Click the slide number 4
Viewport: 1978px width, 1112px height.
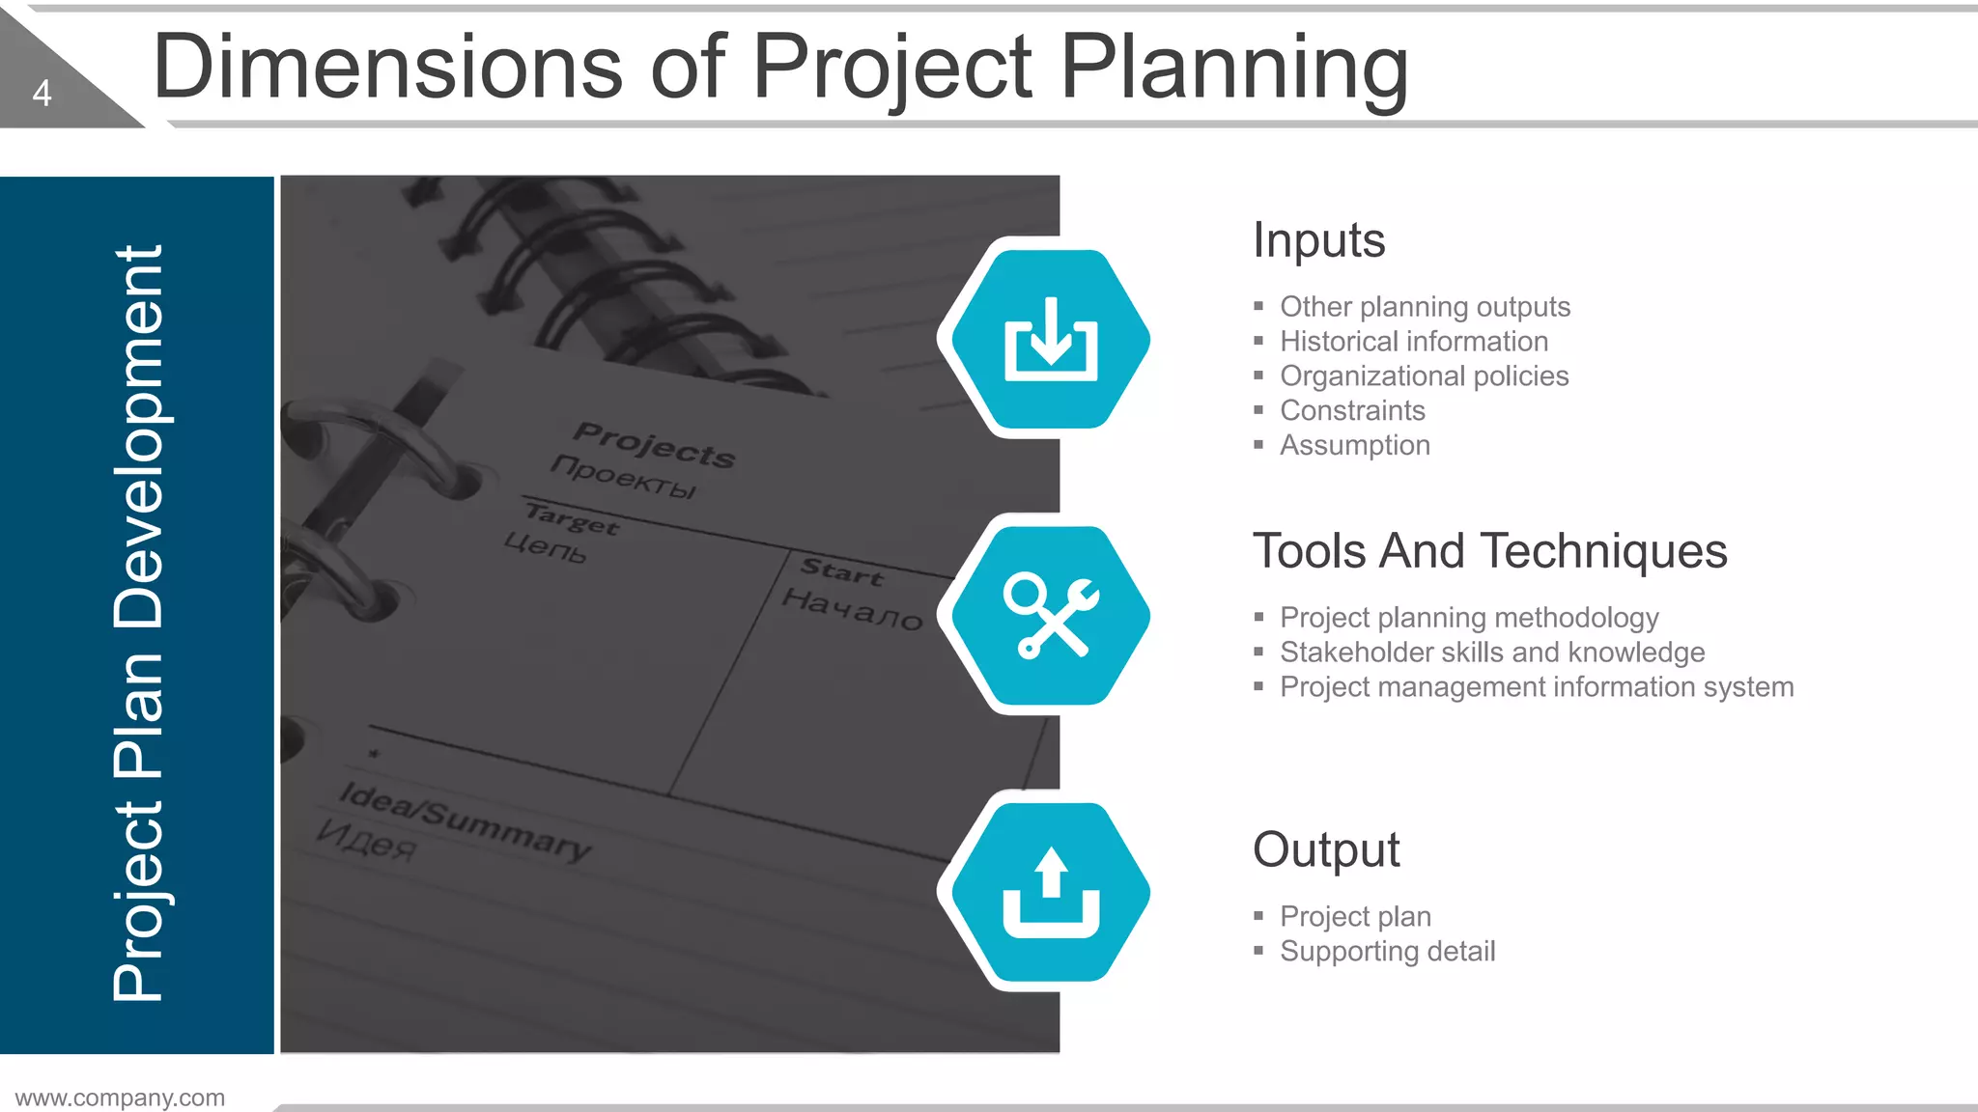click(42, 93)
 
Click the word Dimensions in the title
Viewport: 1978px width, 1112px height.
click(387, 68)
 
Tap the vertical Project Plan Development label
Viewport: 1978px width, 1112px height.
click(138, 623)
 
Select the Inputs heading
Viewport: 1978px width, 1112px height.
click(1318, 240)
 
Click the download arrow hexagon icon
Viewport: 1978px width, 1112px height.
click(1051, 339)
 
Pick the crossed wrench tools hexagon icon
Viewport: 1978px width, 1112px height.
click(1051, 616)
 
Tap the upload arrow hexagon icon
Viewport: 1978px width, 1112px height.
click(1051, 892)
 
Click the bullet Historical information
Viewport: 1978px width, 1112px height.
click(1413, 342)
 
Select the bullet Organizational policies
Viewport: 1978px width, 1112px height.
click(1424, 376)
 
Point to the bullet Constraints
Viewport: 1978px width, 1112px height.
click(1352, 411)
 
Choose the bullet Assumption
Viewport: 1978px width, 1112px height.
click(1354, 446)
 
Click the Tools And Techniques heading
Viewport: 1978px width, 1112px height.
click(1489, 551)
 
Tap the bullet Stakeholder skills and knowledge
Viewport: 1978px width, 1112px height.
click(1492, 653)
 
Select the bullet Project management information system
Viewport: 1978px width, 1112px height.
click(1537, 687)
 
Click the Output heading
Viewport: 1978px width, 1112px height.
click(1326, 850)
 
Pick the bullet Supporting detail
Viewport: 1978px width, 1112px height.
click(1387, 952)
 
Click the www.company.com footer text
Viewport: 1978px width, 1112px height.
click(120, 1098)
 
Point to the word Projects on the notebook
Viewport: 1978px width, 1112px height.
click(654, 445)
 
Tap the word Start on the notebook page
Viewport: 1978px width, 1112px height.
click(842, 571)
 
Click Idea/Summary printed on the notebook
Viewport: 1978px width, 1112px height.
click(465, 820)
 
